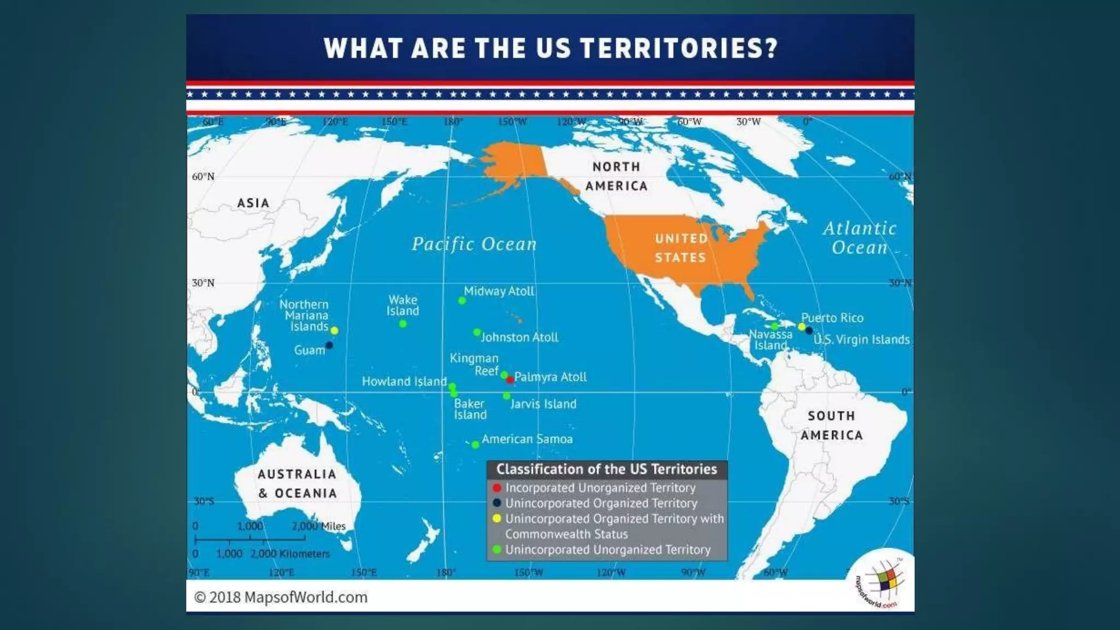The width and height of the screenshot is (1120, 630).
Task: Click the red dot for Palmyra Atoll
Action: (510, 380)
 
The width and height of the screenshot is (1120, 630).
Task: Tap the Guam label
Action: (310, 350)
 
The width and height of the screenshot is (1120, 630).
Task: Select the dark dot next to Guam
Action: (329, 345)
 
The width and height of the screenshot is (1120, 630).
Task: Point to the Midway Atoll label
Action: (499, 291)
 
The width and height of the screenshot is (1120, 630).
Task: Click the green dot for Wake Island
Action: (403, 324)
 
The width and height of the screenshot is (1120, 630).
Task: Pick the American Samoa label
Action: (527, 439)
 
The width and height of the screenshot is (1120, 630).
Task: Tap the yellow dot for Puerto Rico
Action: (802, 327)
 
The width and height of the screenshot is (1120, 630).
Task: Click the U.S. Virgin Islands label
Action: (861, 340)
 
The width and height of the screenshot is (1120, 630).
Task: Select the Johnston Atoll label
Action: (519, 337)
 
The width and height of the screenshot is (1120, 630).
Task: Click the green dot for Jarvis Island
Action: (506, 396)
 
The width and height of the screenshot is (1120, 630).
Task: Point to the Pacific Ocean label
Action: (474, 244)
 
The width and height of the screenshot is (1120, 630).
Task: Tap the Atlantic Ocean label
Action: (860, 238)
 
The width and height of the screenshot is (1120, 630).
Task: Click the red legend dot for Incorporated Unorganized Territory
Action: (497, 488)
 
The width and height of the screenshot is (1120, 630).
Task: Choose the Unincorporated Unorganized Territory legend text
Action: (608, 550)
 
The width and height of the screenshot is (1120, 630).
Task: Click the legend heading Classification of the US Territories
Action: (606, 469)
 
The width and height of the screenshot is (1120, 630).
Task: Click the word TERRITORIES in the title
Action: (678, 48)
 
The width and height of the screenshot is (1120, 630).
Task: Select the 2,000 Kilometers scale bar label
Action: (290, 553)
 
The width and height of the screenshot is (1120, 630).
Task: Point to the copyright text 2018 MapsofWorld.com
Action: (281, 597)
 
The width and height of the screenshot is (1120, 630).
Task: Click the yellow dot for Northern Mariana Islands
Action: (334, 330)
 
